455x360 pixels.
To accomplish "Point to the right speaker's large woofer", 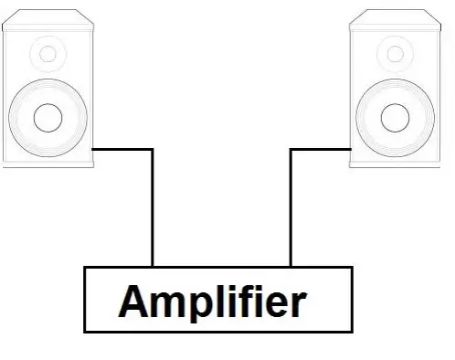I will tap(396, 116).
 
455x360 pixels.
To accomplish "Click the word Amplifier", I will tap(213, 301).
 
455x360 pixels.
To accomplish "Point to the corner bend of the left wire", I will tap(152, 149).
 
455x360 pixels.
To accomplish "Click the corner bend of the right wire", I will tap(291, 149).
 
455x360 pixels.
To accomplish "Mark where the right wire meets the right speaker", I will tap(351, 149).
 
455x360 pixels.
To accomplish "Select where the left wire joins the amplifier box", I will tap(152, 267).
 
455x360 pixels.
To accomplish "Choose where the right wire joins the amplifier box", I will tap(291, 267).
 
